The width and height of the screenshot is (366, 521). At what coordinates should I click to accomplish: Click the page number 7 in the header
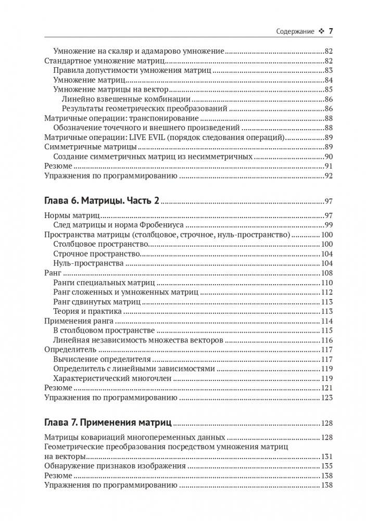[x=330, y=31]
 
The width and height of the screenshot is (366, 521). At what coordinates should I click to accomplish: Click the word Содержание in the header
[x=295, y=31]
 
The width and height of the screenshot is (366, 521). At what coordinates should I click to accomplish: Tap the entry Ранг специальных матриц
[x=104, y=283]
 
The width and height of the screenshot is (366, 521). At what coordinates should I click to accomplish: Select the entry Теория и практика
[x=87, y=311]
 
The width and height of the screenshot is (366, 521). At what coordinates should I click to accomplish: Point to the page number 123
[x=326, y=398]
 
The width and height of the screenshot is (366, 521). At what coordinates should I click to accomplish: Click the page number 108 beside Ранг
[x=326, y=273]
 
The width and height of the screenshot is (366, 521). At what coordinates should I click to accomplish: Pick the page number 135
[x=326, y=465]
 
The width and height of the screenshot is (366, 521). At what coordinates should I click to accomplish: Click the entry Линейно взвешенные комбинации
[x=125, y=99]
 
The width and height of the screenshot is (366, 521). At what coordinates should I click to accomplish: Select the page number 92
[x=328, y=176]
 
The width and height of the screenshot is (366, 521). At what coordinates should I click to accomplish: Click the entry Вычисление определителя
[x=102, y=359]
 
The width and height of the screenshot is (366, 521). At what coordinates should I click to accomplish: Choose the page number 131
[x=326, y=456]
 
